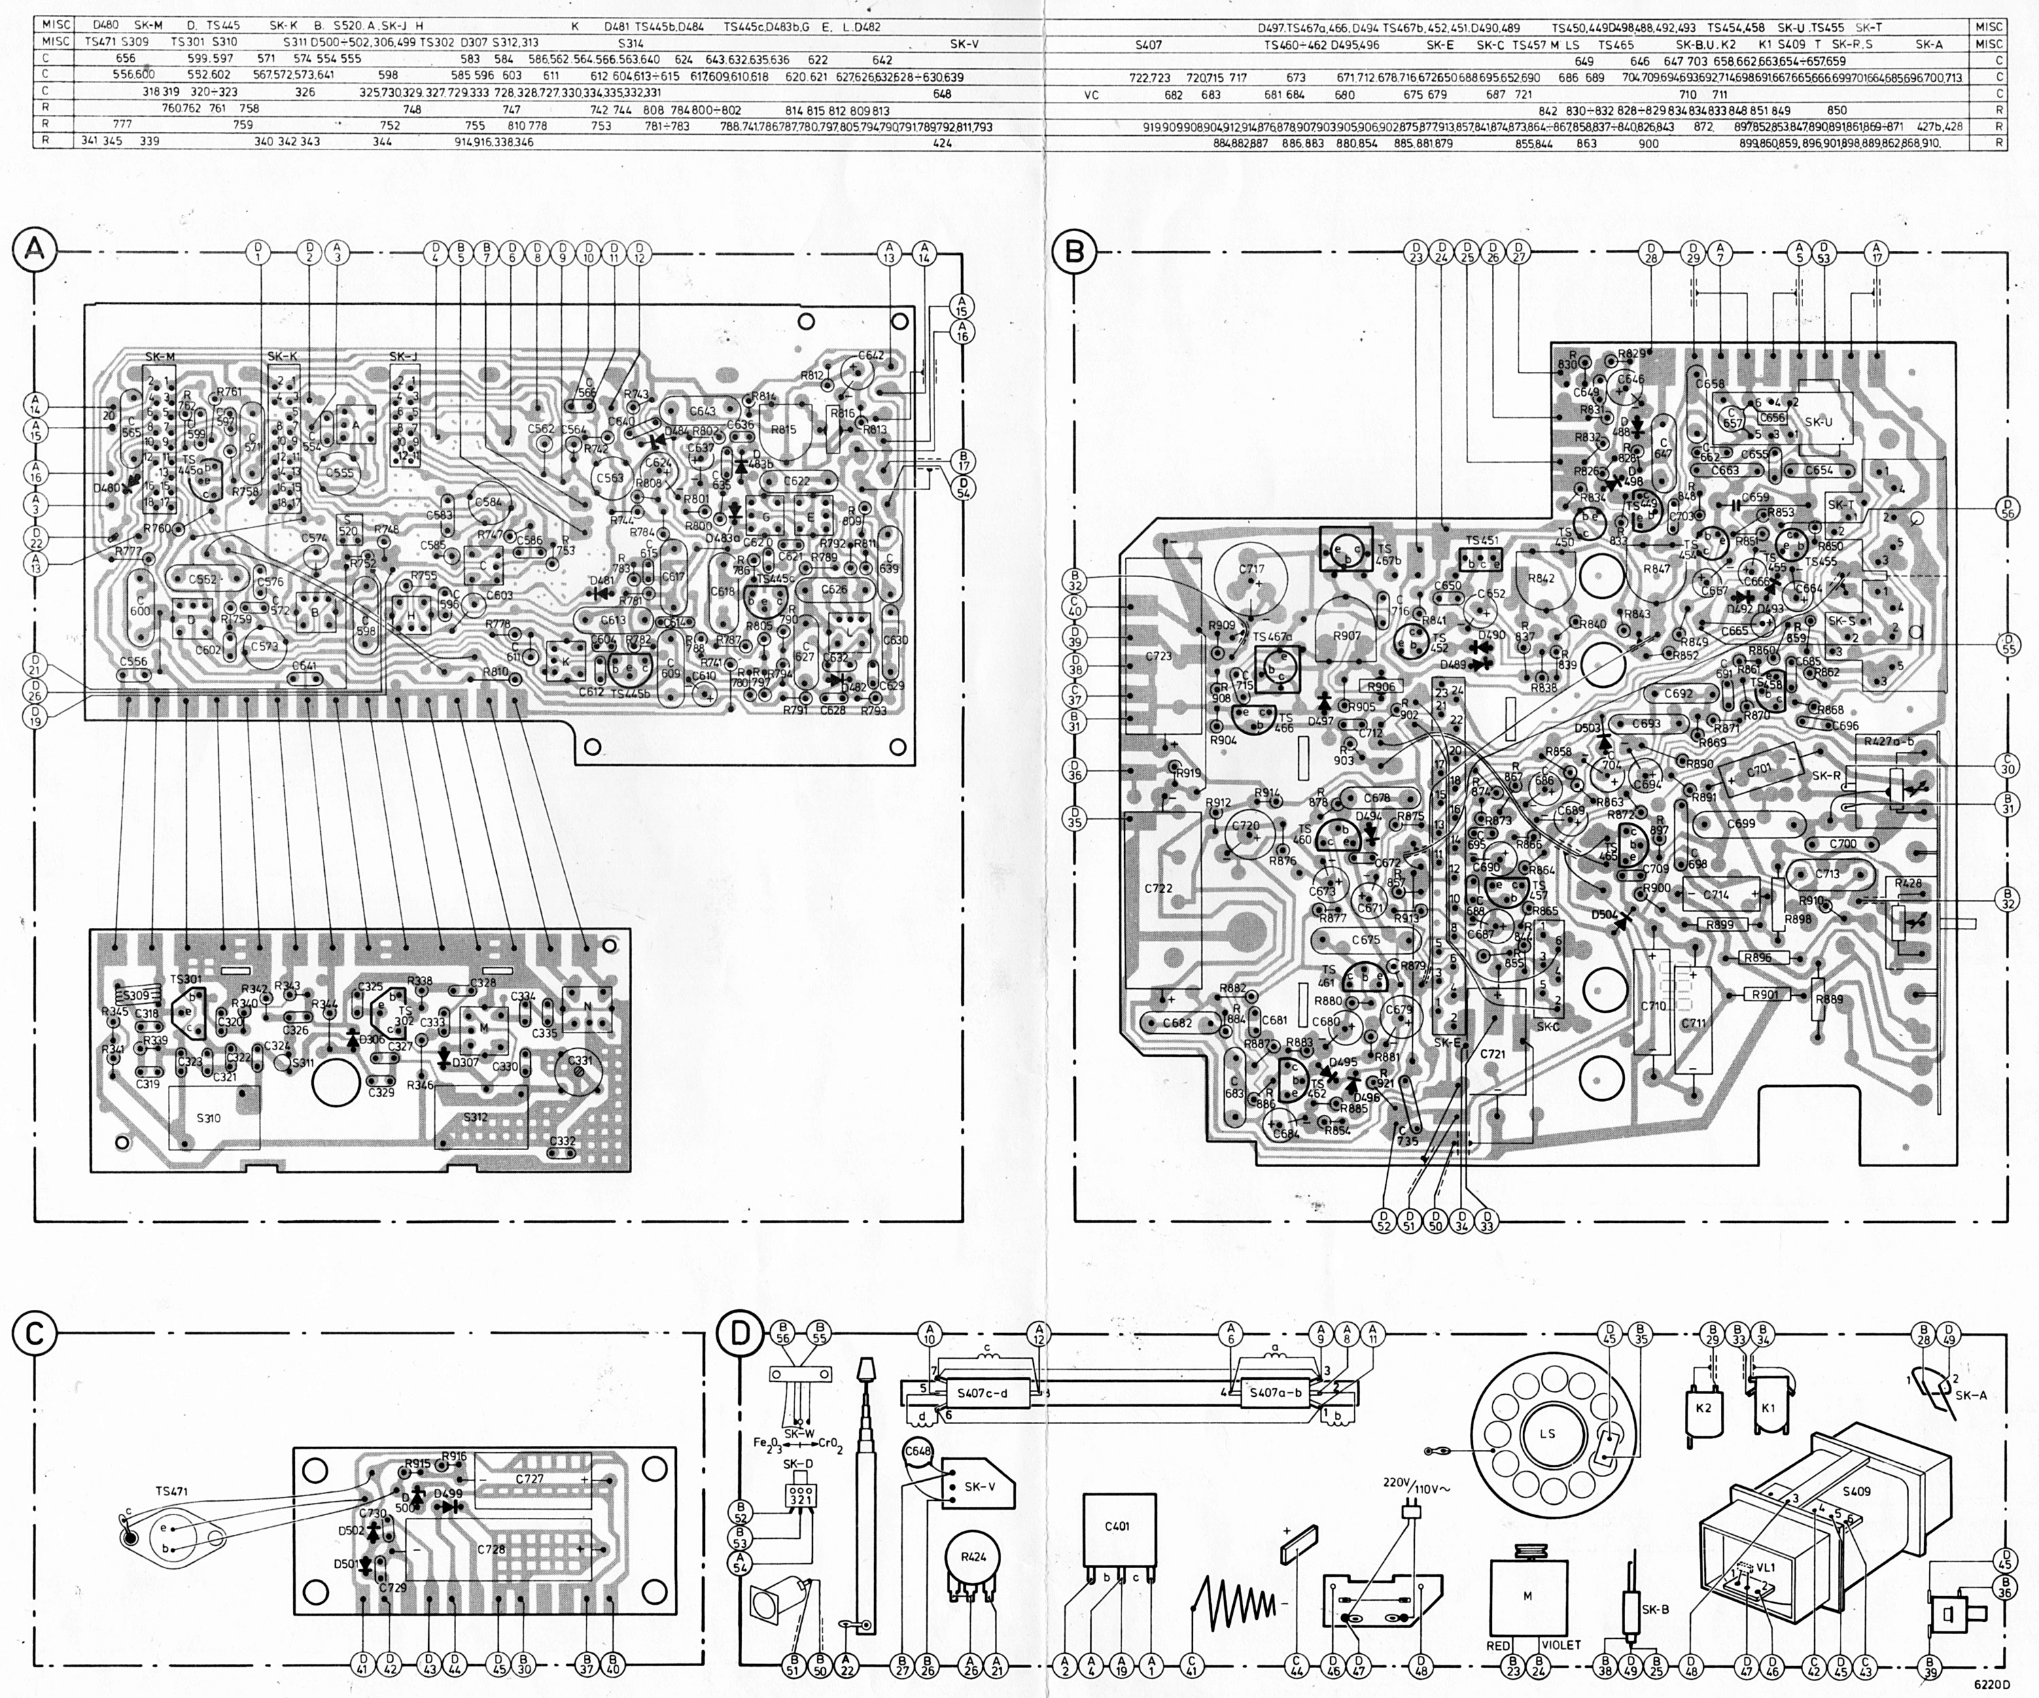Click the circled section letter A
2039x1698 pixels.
coord(35,249)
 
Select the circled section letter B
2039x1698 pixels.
coord(1074,252)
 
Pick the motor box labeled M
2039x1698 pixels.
coord(1527,1595)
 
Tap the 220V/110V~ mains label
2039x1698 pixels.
coord(1414,1483)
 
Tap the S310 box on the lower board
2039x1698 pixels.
coord(209,1118)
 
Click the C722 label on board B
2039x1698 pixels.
coord(1158,888)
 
